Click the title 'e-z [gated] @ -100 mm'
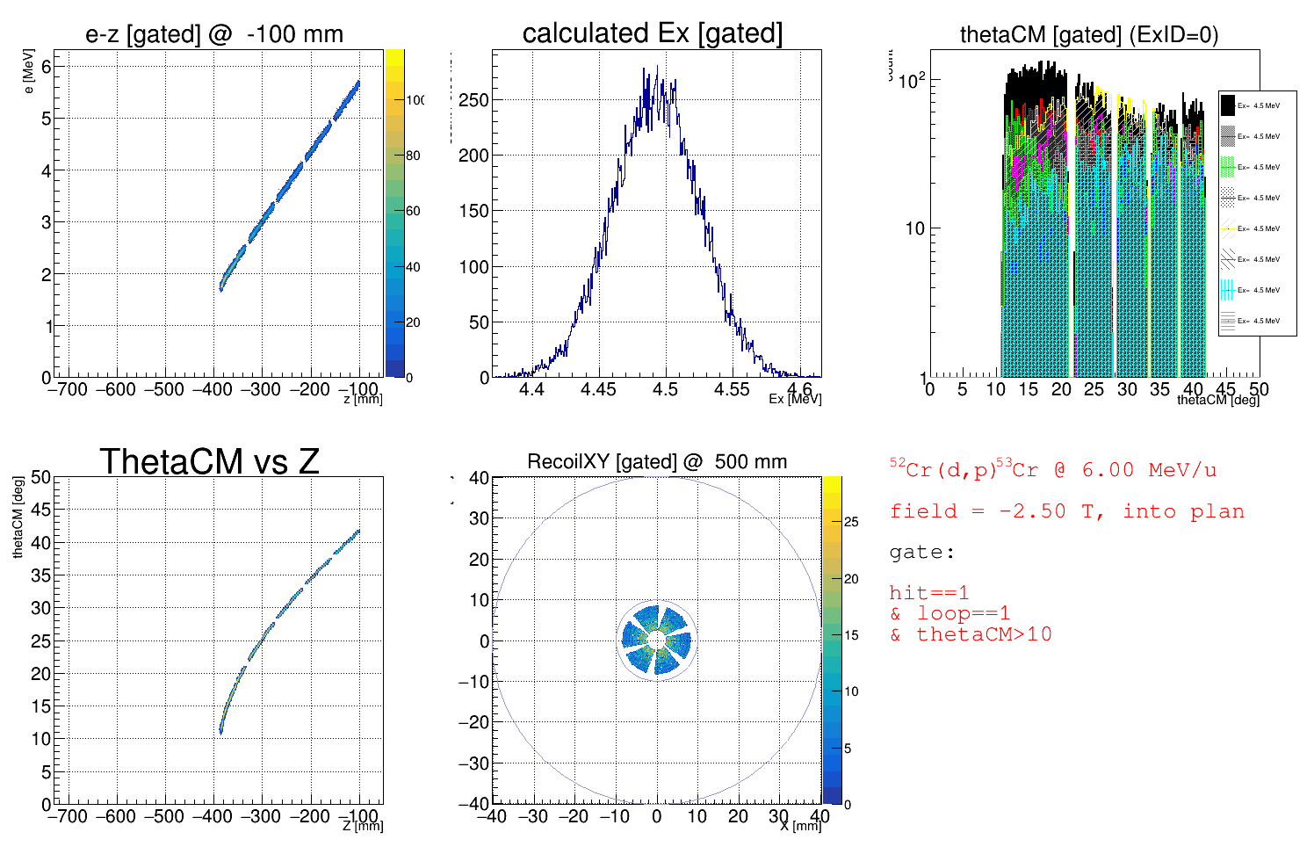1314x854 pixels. pyautogui.click(x=214, y=34)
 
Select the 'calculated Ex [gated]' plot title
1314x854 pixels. pyautogui.click(x=652, y=33)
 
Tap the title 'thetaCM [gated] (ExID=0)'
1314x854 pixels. pyautogui.click(x=1089, y=34)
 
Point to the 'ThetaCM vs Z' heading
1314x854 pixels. pyautogui.click(x=209, y=461)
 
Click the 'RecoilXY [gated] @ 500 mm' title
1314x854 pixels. pyautogui.click(x=657, y=461)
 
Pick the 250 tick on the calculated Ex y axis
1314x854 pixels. pyautogui.click(x=473, y=100)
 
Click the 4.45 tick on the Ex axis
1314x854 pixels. pyautogui.click(x=598, y=389)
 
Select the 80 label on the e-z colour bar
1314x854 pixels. pyautogui.click(x=413, y=156)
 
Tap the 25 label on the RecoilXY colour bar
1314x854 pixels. pyautogui.click(x=851, y=522)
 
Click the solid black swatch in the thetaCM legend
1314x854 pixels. pyautogui.click(x=1228, y=105)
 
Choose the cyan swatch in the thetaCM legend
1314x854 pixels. pyautogui.click(x=1228, y=290)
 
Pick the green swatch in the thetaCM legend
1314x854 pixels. pyautogui.click(x=1228, y=167)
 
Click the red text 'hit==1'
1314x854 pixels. pyautogui.click(x=928, y=593)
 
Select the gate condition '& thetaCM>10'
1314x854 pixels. pyautogui.click(x=971, y=634)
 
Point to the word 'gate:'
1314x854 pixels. pyautogui.click(x=921, y=553)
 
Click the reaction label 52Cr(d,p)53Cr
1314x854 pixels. pyautogui.click(x=963, y=469)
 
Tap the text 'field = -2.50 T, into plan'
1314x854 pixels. pyautogui.click(x=1066, y=511)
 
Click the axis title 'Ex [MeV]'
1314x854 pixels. pyautogui.click(x=795, y=399)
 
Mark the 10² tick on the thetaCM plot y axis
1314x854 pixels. pyautogui.click(x=913, y=81)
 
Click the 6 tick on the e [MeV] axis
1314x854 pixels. pyautogui.click(x=47, y=66)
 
